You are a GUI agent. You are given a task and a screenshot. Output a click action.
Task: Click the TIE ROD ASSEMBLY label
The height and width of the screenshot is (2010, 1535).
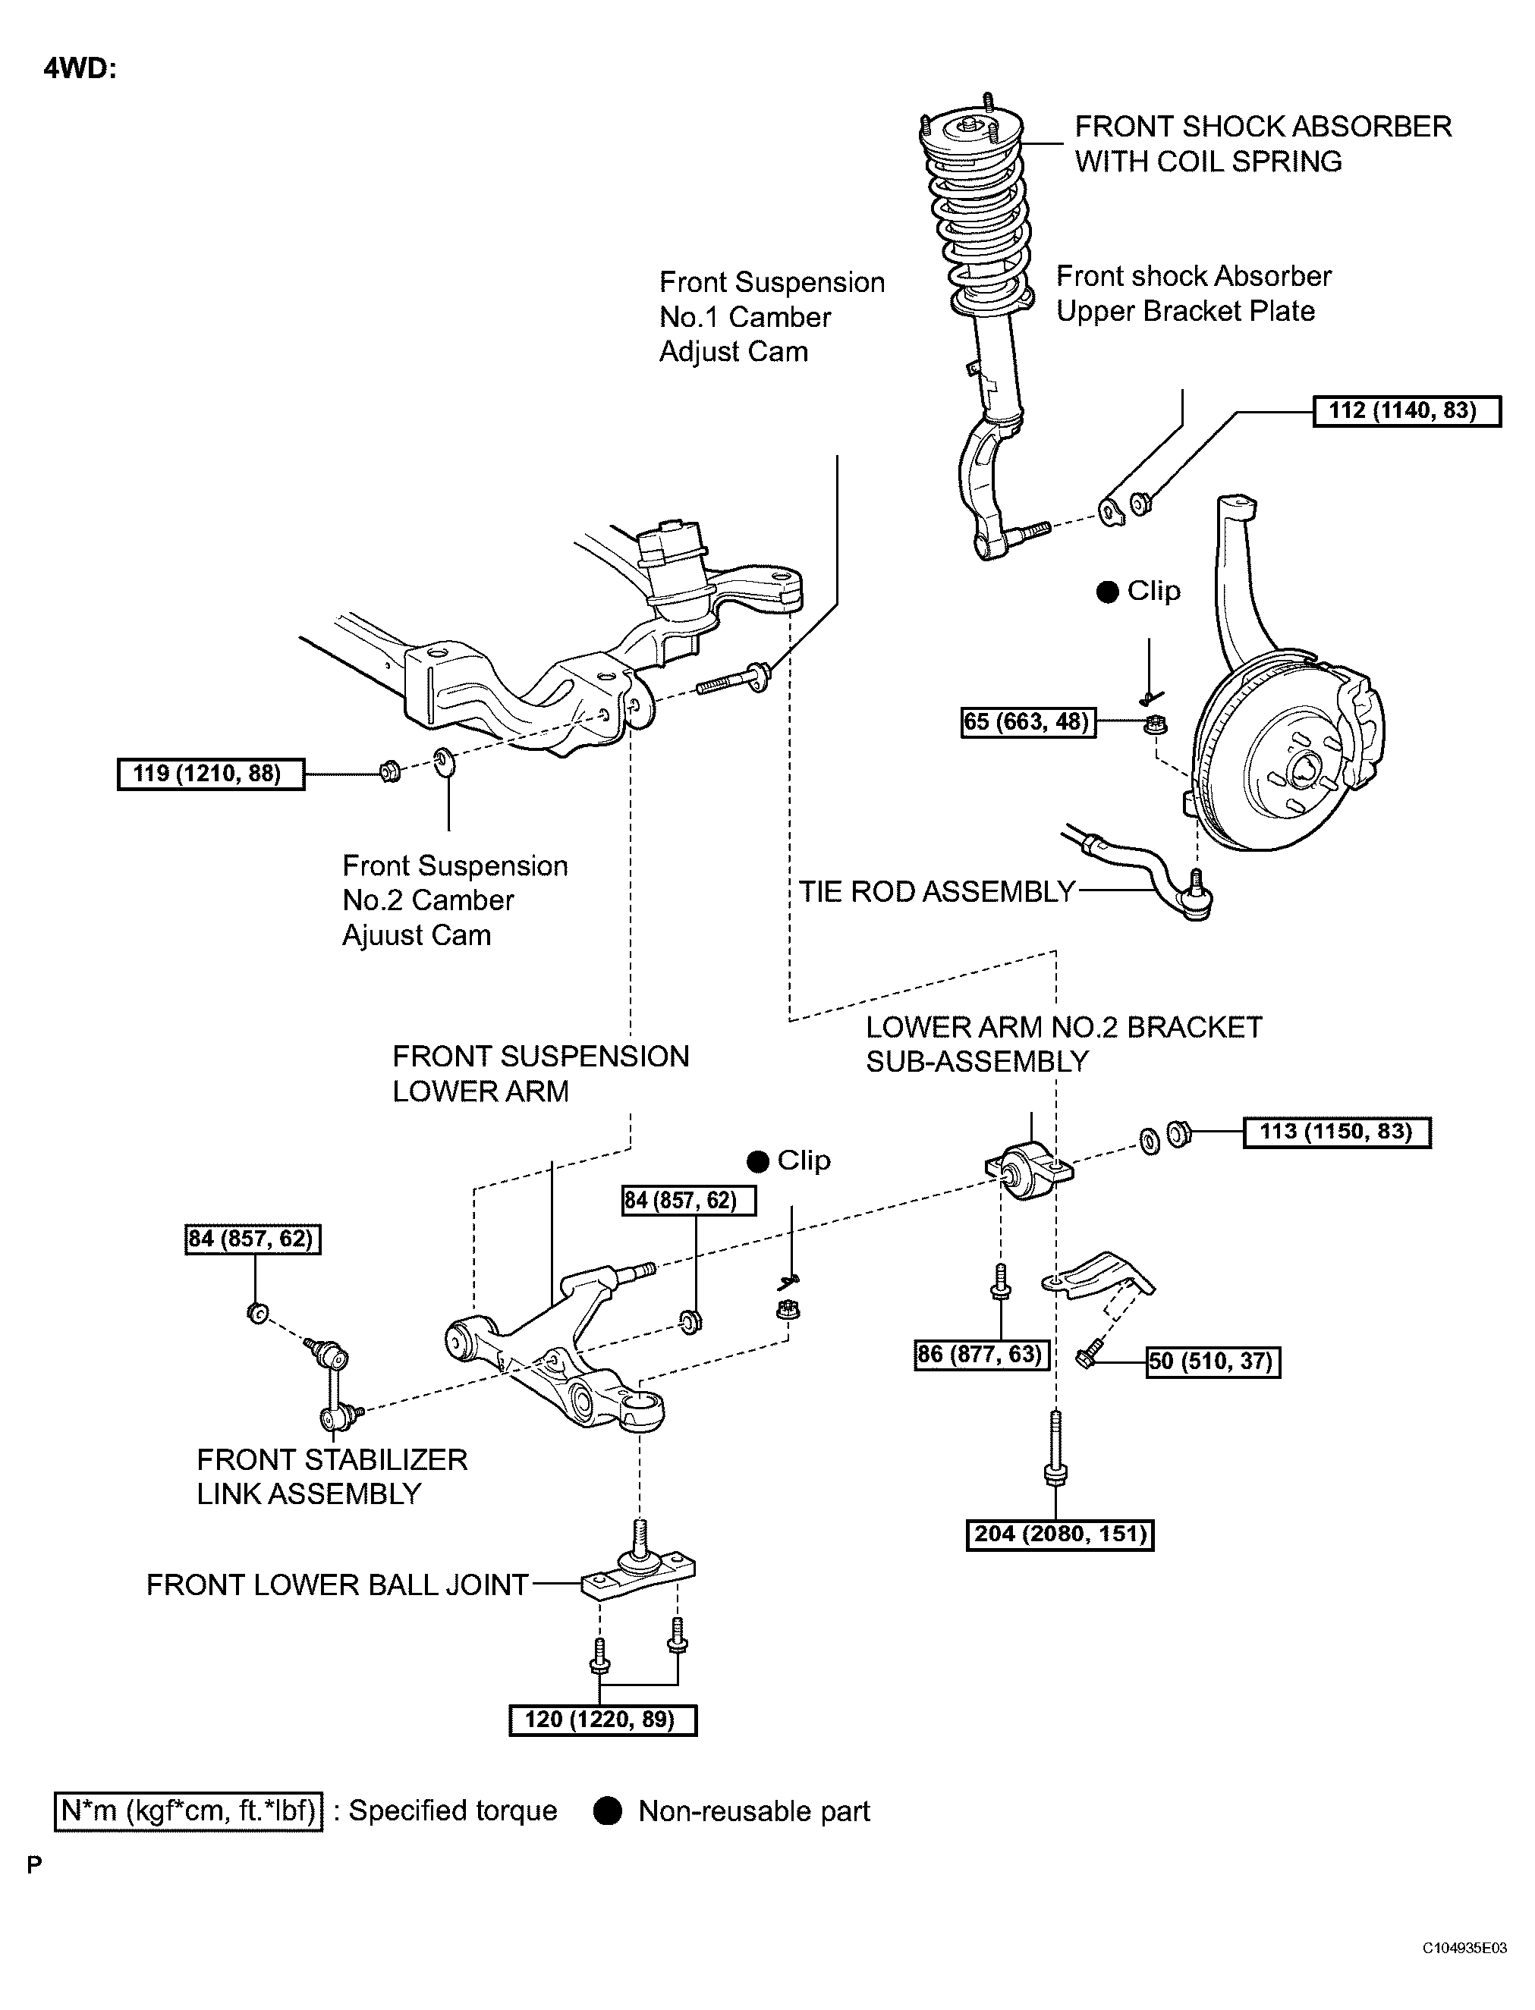click(x=936, y=891)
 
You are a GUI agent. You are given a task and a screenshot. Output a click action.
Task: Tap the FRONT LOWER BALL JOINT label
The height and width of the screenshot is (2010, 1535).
click(x=337, y=1584)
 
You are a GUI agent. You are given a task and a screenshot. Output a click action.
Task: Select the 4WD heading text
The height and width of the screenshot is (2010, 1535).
click(x=80, y=70)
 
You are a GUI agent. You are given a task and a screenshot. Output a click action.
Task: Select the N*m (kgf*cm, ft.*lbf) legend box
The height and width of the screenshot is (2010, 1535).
click(x=188, y=1811)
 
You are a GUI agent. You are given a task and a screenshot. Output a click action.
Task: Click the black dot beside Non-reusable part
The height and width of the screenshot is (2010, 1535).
click(x=608, y=1811)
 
